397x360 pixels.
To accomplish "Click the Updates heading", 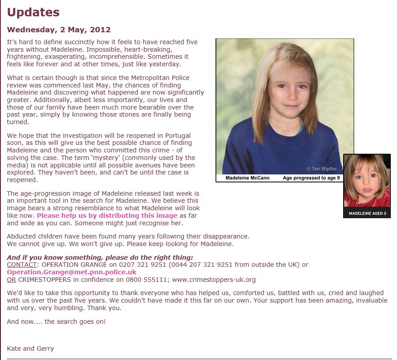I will tap(33, 12).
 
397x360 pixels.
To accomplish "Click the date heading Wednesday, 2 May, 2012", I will tap(59, 30).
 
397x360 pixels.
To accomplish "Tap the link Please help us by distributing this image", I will tap(107, 216).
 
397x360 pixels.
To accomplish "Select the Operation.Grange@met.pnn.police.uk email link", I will tap(72, 272).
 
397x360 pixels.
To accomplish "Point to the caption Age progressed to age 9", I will tap(311, 178).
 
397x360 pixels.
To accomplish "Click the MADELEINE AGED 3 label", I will tap(367, 213).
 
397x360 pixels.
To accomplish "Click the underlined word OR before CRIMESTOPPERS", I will tap(11, 280).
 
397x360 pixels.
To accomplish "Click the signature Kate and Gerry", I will tap(30, 349).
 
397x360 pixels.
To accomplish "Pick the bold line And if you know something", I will tap(100, 258).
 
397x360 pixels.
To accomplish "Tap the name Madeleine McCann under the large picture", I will tap(244, 178).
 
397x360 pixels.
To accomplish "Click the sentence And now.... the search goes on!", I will tap(57, 322).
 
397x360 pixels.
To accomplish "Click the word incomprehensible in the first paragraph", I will tap(106, 57).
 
